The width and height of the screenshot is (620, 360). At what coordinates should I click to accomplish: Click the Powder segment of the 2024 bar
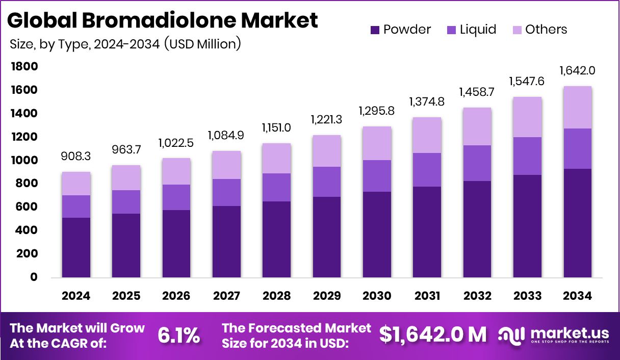76,248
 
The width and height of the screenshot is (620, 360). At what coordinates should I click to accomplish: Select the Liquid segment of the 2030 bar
377,176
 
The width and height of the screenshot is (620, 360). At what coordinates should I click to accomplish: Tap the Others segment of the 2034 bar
577,108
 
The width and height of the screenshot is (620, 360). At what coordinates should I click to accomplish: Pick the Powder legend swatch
375,30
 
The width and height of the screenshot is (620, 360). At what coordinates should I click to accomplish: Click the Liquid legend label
478,30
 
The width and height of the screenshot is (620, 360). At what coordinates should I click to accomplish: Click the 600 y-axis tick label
26,207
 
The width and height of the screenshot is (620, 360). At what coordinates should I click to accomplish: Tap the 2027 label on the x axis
226,296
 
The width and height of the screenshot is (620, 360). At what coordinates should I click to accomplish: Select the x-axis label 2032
477,296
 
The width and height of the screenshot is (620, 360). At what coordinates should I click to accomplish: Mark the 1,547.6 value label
527,81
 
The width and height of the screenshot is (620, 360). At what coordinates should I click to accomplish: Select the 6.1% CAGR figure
178,335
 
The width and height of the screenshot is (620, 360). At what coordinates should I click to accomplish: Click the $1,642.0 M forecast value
433,335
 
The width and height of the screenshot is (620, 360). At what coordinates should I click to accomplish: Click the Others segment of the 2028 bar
277,159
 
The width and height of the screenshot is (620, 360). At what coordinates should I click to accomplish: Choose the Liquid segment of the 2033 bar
527,156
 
